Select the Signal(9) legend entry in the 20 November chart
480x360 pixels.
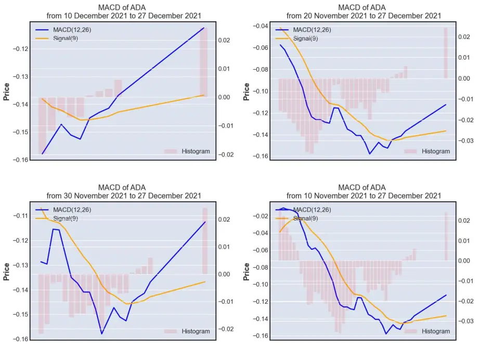pos(296,38)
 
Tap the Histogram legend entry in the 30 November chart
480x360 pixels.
pos(187,331)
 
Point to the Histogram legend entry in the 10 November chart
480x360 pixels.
pos(427,331)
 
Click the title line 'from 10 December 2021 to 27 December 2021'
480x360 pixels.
pos(124,16)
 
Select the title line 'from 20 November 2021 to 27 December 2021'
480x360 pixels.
pos(364,16)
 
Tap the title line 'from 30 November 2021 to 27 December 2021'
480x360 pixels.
pos(124,196)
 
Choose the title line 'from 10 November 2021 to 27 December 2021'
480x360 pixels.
pos(364,196)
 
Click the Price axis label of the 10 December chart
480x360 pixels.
pos(6,92)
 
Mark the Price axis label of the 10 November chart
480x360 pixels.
pos(246,272)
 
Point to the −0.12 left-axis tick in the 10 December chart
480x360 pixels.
pos(20,49)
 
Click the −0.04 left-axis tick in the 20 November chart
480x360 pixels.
pos(260,26)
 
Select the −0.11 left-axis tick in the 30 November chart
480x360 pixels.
pos(20,216)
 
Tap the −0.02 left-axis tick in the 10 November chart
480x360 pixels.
pos(260,216)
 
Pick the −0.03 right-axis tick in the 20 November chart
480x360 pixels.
pos(465,141)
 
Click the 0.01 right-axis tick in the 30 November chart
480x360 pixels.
pos(224,247)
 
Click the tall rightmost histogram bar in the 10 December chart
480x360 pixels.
pos(203,62)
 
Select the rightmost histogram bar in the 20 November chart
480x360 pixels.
pos(446,53)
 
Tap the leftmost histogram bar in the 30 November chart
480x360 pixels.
pos(41,304)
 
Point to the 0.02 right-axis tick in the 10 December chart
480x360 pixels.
pos(224,41)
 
